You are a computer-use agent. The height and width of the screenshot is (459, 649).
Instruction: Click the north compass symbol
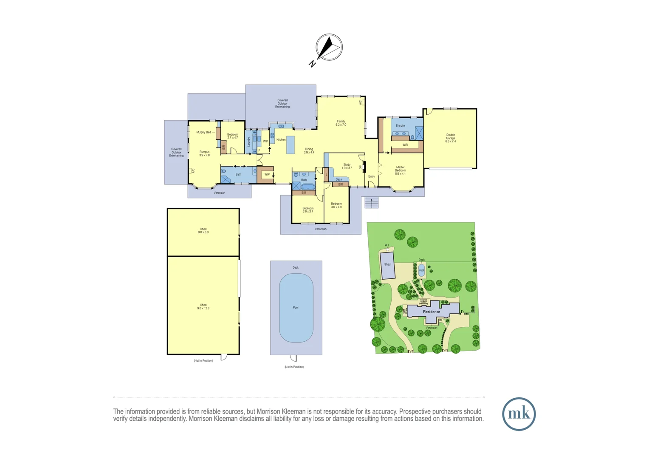coord(328,48)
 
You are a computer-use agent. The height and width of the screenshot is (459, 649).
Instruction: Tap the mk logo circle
coord(519,414)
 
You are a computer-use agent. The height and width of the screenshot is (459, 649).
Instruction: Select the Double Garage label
coord(450,138)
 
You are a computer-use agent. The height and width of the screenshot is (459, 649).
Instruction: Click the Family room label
coord(341,123)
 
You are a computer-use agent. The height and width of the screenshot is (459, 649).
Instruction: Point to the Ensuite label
coord(400,126)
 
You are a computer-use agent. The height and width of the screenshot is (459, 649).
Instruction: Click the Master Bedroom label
coord(400,170)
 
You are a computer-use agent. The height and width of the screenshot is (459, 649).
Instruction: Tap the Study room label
coord(347,166)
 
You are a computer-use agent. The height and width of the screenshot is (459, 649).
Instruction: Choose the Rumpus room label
coord(204,153)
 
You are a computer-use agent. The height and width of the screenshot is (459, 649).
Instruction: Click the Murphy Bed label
coord(203,132)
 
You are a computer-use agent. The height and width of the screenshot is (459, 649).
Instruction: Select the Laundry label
coord(249,142)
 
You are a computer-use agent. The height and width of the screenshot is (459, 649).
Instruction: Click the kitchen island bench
coord(291,145)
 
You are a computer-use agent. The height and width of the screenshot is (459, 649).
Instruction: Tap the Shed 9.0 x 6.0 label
coord(203,231)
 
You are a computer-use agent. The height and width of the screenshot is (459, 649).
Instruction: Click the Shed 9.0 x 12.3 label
coord(203,306)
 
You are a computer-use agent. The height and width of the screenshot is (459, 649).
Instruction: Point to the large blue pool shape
coord(296,308)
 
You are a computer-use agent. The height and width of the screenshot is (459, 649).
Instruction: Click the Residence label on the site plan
coord(432,312)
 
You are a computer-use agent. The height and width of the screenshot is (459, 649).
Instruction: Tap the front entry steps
coord(371,203)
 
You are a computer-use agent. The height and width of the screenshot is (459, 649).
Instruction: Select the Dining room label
coord(309,151)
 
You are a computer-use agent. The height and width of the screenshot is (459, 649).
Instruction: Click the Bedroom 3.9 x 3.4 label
coord(308,210)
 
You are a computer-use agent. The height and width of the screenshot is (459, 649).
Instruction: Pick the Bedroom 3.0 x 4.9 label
coord(336,205)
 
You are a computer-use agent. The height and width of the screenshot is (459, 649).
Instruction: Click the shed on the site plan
coord(387,265)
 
